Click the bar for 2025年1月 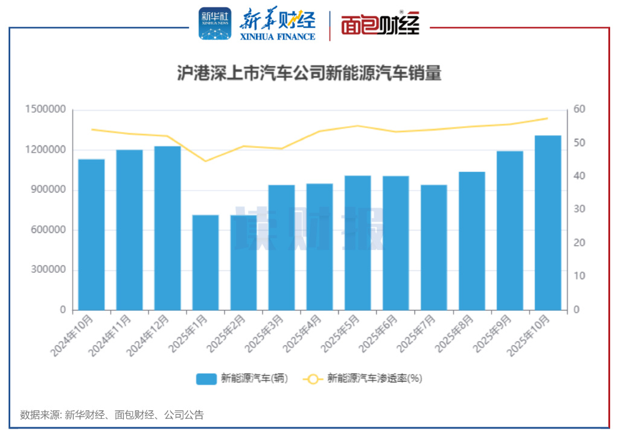point(205,263)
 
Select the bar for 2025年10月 point(547,223)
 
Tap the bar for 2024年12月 point(167,228)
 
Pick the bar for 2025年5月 point(357,243)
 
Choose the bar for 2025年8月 point(471,241)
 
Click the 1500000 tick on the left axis point(45,110)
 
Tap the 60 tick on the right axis point(579,110)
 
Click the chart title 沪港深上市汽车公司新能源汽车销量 point(309,74)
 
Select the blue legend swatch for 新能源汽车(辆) point(206,379)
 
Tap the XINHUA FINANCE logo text point(278,36)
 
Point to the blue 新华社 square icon point(215,24)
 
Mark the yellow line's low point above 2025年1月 point(205,161)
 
